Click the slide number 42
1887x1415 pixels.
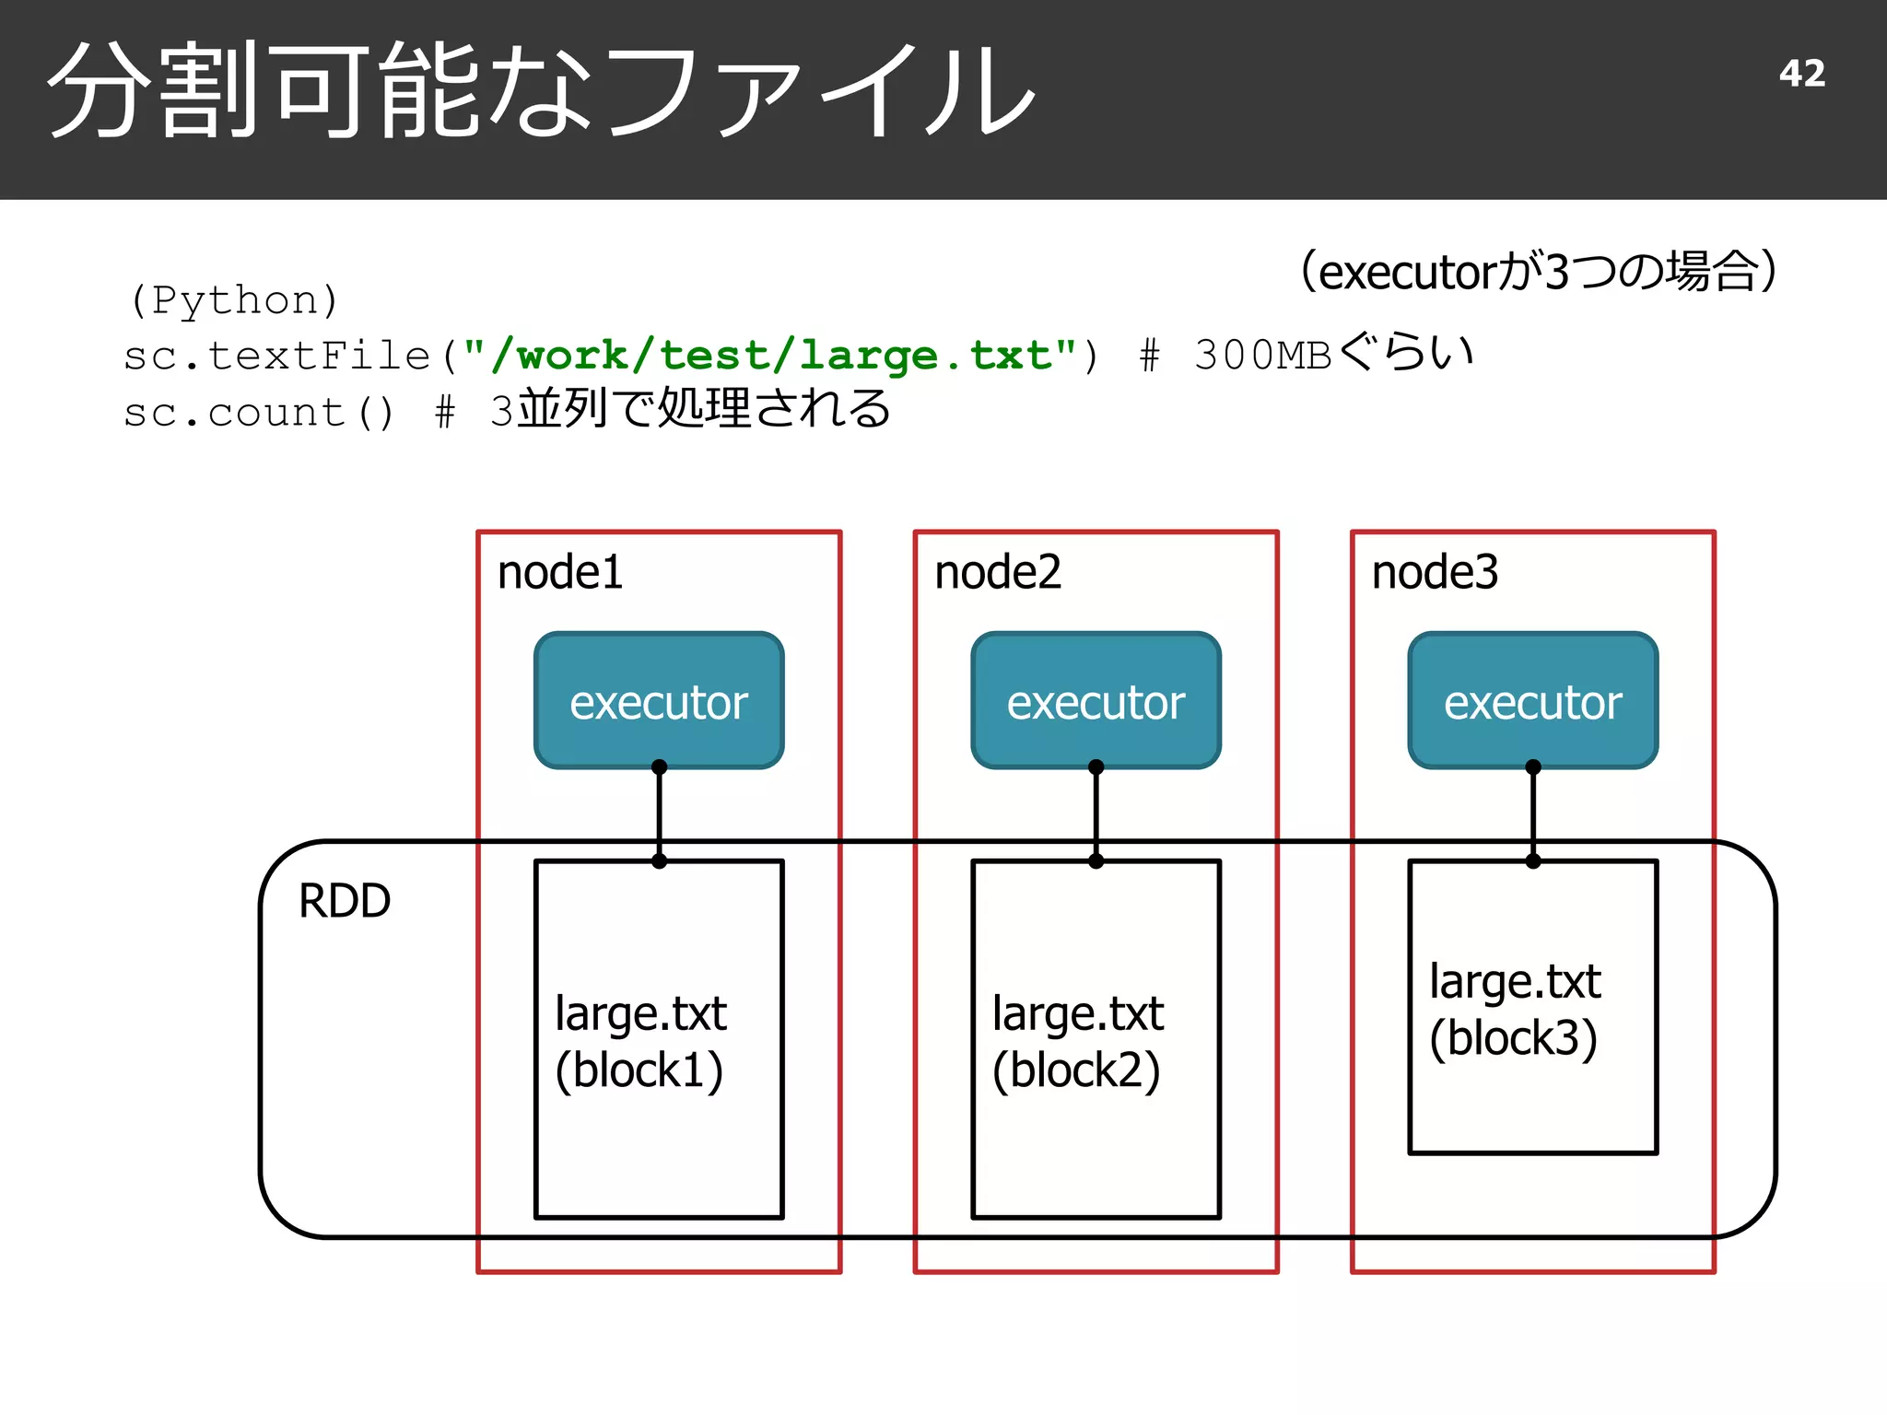tap(1801, 74)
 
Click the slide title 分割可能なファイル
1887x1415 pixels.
tap(542, 92)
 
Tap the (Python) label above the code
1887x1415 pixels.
tap(234, 300)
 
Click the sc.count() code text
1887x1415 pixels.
tap(259, 413)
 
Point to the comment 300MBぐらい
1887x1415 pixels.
tap(1332, 355)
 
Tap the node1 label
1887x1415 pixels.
tap(559, 572)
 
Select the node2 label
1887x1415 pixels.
tap(997, 572)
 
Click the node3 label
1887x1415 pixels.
tap(1434, 572)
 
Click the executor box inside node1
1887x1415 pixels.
tap(659, 701)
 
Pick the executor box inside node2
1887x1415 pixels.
tap(1096, 701)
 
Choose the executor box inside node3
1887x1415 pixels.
tap(1532, 701)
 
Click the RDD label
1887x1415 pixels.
tap(345, 901)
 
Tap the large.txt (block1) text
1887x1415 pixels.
tap(640, 1041)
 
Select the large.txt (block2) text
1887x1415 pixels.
tap(1077, 1041)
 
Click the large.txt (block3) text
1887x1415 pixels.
tap(1514, 1009)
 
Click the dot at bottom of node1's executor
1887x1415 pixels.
tap(659, 766)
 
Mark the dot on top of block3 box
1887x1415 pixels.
tap(1533, 861)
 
